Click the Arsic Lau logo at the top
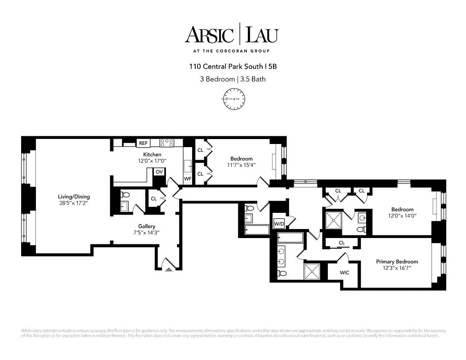[x=232, y=35]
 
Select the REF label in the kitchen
[x=143, y=143]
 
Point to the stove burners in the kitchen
[x=167, y=143]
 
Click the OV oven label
[x=159, y=172]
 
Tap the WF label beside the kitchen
[x=188, y=179]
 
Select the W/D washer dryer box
[x=279, y=224]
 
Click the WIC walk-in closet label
[x=345, y=272]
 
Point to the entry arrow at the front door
[x=169, y=269]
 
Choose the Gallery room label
[x=147, y=226]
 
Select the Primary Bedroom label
[x=397, y=261]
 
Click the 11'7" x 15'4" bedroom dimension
[x=241, y=165]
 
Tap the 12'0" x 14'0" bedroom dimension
[x=402, y=216]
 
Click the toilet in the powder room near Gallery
[x=125, y=195]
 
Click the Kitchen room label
[x=152, y=154]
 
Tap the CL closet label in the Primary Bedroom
[x=342, y=243]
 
